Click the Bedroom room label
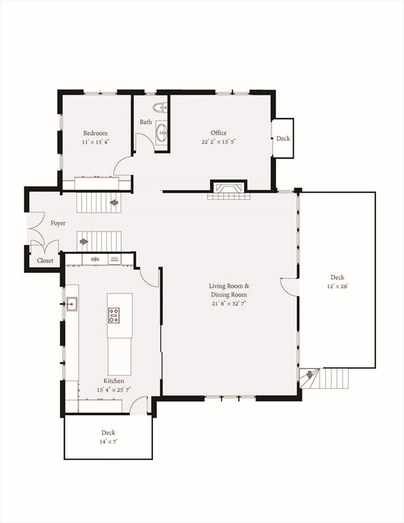pyautogui.click(x=95, y=133)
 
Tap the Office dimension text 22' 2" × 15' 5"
pyautogui.click(x=218, y=142)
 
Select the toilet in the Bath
pyautogui.click(x=161, y=108)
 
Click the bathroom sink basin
pyautogui.click(x=162, y=133)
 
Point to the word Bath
pyautogui.click(x=146, y=122)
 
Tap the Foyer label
pyautogui.click(x=58, y=223)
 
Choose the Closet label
pyautogui.click(x=45, y=261)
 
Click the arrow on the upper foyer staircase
pyautogui.click(x=114, y=202)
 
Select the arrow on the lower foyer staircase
pyautogui.click(x=84, y=241)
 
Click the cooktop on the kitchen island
pyautogui.click(x=114, y=315)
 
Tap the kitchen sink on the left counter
pyautogui.click(x=71, y=304)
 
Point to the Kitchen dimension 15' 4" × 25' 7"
pyautogui.click(x=114, y=390)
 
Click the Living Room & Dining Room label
pyautogui.click(x=229, y=290)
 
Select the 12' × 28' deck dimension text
pyautogui.click(x=337, y=286)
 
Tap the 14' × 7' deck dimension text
pyautogui.click(x=108, y=441)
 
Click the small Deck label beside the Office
pyautogui.click(x=283, y=138)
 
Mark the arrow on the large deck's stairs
pyautogui.click(x=309, y=375)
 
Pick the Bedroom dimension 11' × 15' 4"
pyautogui.click(x=96, y=142)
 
